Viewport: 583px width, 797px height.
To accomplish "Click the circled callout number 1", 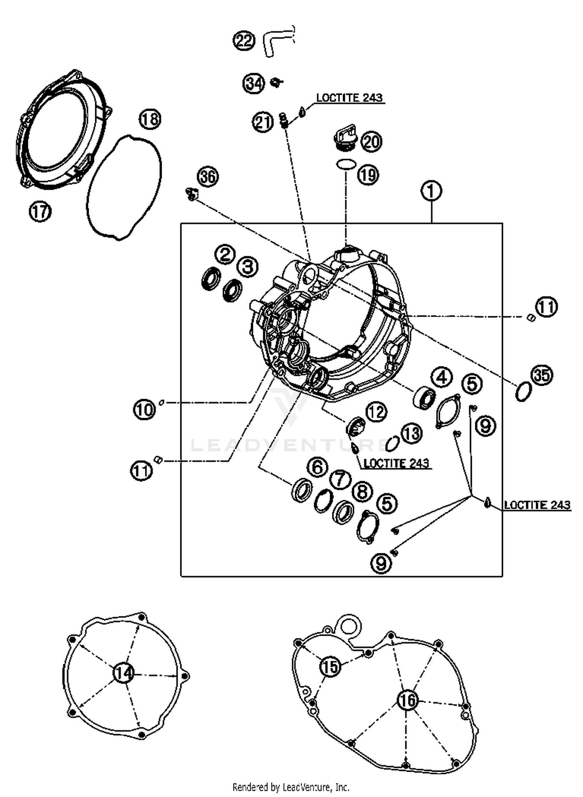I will [431, 191].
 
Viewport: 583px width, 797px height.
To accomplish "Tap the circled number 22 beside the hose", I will [244, 40].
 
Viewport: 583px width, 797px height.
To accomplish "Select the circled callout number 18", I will [150, 119].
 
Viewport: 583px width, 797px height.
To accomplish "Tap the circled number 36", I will [208, 177].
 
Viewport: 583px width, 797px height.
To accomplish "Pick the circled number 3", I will [248, 267].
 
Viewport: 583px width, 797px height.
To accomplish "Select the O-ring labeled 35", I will [523, 392].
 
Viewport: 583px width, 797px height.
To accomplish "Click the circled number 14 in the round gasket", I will [124, 673].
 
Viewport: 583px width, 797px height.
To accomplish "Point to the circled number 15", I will [330, 666].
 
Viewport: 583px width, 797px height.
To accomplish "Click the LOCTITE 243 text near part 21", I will [349, 98].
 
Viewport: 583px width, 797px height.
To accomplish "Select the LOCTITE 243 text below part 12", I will [396, 463].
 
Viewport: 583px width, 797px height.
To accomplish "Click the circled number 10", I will [145, 410].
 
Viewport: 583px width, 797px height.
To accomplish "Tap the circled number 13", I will [411, 433].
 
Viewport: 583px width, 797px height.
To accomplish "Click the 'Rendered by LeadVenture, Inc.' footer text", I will [291, 787].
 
